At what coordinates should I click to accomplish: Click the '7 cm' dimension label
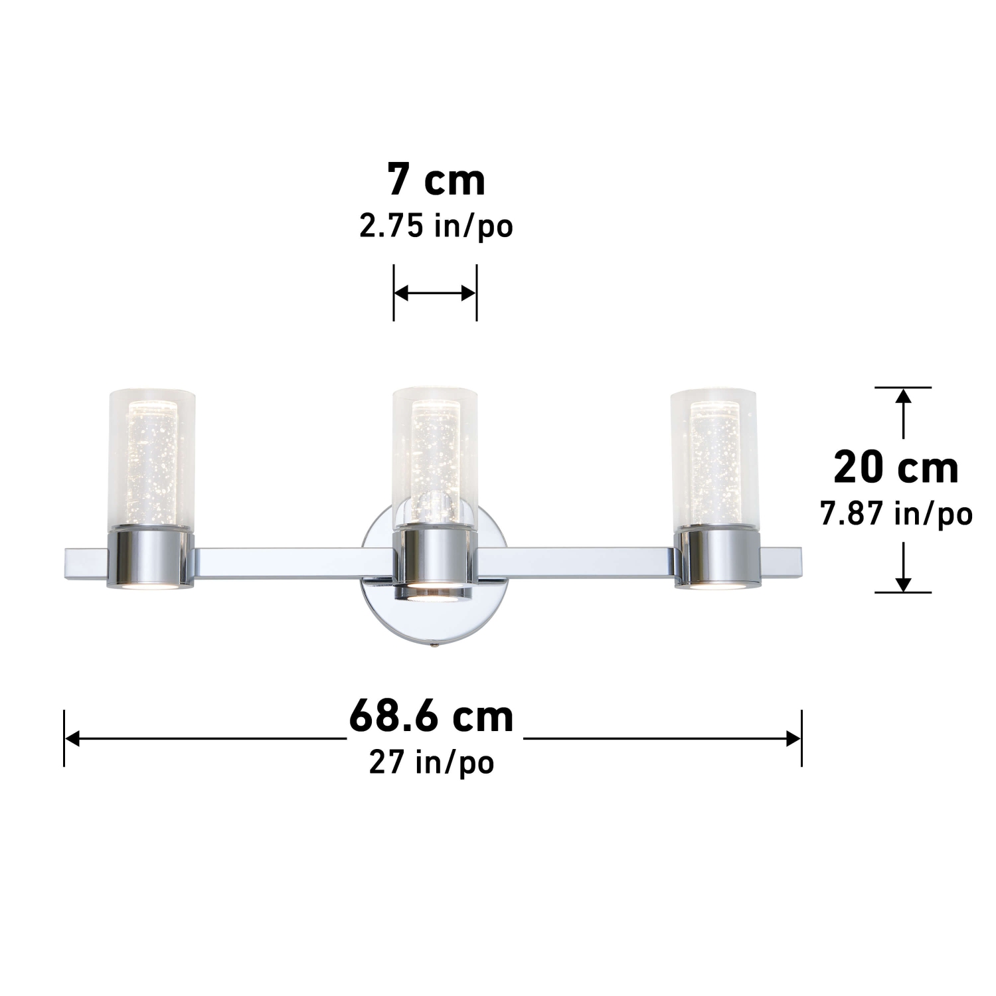pyautogui.click(x=436, y=180)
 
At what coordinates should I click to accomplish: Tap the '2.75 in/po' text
pyautogui.click(x=436, y=227)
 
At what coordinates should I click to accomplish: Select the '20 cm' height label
pyautogui.click(x=896, y=468)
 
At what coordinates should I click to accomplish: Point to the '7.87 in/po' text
pyautogui.click(x=896, y=513)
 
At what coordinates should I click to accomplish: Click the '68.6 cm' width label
pyautogui.click(x=432, y=716)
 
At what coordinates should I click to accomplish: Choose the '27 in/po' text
pyautogui.click(x=432, y=762)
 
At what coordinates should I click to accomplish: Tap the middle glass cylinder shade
pyautogui.click(x=435, y=452)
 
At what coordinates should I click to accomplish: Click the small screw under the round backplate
pyautogui.click(x=434, y=643)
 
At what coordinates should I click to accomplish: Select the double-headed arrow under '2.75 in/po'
pyautogui.click(x=435, y=293)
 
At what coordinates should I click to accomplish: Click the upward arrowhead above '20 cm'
pyautogui.click(x=902, y=396)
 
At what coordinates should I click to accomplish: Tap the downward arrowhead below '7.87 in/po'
pyautogui.click(x=902, y=584)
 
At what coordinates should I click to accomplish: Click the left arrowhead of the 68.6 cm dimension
pyautogui.click(x=72, y=738)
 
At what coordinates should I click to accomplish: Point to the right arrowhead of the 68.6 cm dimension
pyautogui.click(x=793, y=738)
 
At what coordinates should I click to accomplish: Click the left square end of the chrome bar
pyautogui.click(x=84, y=562)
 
